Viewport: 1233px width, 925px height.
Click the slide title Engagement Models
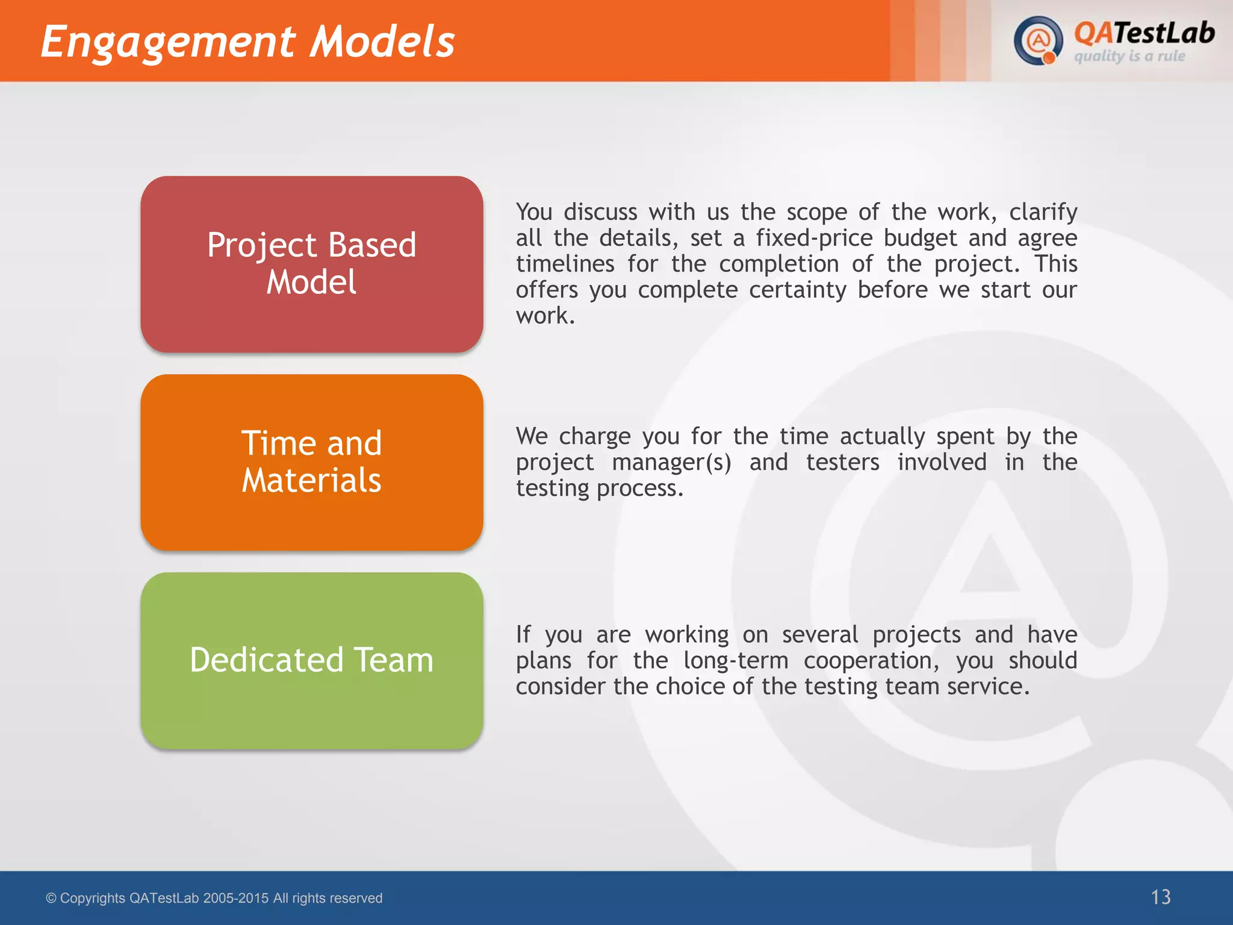[x=247, y=42]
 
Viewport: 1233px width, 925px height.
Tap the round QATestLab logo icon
[x=1037, y=41]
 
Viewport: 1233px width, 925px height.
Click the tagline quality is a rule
[x=1129, y=57]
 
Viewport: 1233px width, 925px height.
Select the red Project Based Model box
[x=312, y=264]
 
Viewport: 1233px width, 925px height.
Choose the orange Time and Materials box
[x=312, y=462]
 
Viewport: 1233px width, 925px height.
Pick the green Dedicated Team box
[x=312, y=660]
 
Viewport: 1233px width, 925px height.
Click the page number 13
[x=1160, y=897]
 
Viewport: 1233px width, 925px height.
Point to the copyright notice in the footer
[x=214, y=898]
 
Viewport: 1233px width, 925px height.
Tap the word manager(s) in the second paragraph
[x=671, y=462]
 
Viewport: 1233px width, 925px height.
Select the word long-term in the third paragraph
[x=735, y=661]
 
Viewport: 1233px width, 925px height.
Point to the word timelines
[x=565, y=264]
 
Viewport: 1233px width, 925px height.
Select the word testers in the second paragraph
[x=842, y=462]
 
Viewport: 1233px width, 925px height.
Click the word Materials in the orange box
[x=311, y=481]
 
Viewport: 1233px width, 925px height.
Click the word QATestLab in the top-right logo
[x=1144, y=33]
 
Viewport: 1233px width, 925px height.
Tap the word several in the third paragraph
[x=820, y=635]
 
